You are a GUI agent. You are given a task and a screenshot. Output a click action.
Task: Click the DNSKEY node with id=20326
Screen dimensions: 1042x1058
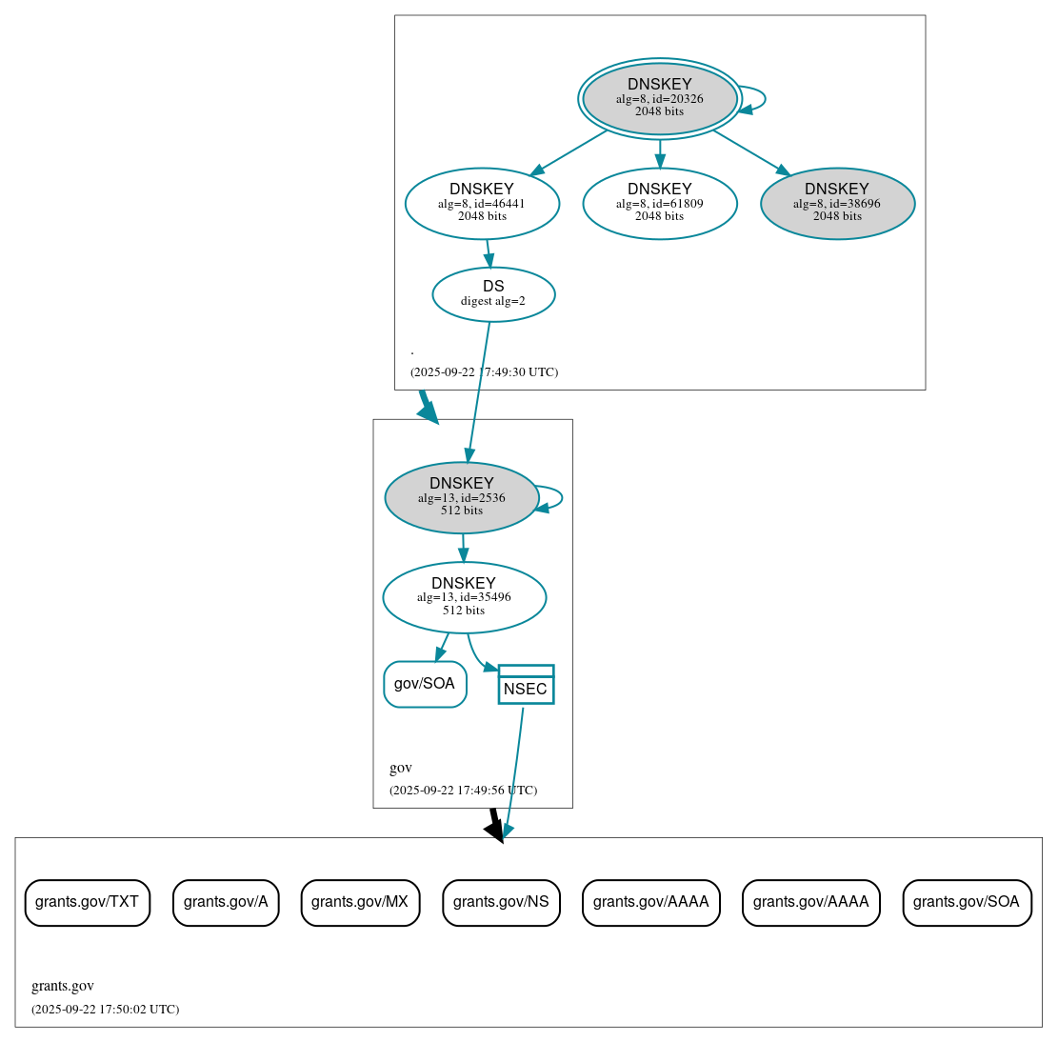659,98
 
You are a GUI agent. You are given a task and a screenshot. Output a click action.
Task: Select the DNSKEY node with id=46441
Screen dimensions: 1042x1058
482,203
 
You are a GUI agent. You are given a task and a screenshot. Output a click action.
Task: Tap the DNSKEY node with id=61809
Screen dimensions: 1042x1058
659,203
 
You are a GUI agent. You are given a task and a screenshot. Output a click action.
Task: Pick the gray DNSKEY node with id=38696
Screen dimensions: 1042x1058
837,203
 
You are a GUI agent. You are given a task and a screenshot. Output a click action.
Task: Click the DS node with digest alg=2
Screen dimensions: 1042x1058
493,293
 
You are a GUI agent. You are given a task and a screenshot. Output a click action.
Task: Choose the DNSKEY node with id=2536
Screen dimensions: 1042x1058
462,497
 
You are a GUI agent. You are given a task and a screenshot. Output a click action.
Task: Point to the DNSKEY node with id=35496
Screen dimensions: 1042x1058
464,597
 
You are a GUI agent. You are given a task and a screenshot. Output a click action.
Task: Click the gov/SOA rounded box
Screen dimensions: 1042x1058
425,684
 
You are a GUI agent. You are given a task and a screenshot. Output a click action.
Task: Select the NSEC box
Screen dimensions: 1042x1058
526,685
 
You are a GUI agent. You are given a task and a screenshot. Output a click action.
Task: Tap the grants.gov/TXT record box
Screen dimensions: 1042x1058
87,902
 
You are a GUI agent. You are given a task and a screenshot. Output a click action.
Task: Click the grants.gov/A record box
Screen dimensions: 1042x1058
226,902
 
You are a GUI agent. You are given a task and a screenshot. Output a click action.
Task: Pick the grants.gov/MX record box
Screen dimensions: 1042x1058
360,902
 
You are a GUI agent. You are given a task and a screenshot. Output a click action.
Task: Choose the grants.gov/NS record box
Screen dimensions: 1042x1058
501,902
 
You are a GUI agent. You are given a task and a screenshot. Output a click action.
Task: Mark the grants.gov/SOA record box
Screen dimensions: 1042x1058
967,902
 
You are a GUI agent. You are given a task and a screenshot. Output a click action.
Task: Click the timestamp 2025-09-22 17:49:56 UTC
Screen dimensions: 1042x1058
463,791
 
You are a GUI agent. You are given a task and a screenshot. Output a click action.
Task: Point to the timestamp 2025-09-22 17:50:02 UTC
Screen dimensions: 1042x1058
105,1010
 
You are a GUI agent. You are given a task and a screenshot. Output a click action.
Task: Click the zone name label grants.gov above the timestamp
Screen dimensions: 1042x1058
63,986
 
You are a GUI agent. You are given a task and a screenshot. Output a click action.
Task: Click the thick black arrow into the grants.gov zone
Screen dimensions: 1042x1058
494,824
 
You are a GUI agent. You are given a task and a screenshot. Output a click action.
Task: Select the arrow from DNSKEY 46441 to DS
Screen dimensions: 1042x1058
489,253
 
